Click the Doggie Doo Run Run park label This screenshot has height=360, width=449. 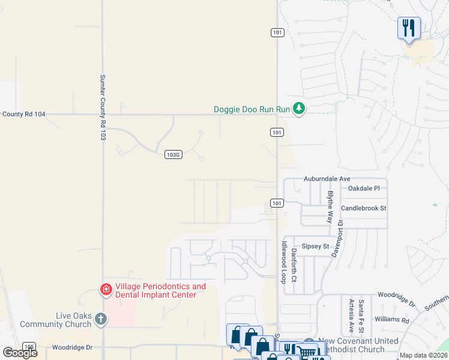(252, 109)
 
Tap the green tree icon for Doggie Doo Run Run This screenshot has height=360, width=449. (299, 109)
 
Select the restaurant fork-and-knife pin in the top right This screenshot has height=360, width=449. (409, 28)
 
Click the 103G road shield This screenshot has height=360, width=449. (173, 154)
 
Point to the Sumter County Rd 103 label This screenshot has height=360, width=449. (103, 108)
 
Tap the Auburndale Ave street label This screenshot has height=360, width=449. (327, 179)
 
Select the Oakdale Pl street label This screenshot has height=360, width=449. (364, 188)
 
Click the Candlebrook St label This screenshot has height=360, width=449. (363, 208)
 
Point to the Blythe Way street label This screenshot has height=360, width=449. (330, 208)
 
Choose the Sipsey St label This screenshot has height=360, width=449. (315, 246)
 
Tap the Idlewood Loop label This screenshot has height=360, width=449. (284, 263)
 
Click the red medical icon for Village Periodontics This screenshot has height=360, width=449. (106, 290)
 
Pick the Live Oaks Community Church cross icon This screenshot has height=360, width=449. (100, 319)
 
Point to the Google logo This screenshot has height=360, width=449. (20, 352)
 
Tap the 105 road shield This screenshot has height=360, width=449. (28, 347)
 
